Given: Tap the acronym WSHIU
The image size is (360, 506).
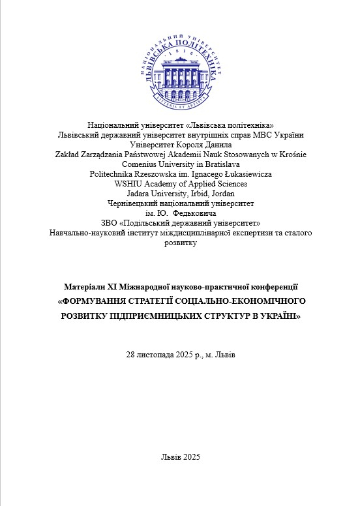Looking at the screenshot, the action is coord(129,184).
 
